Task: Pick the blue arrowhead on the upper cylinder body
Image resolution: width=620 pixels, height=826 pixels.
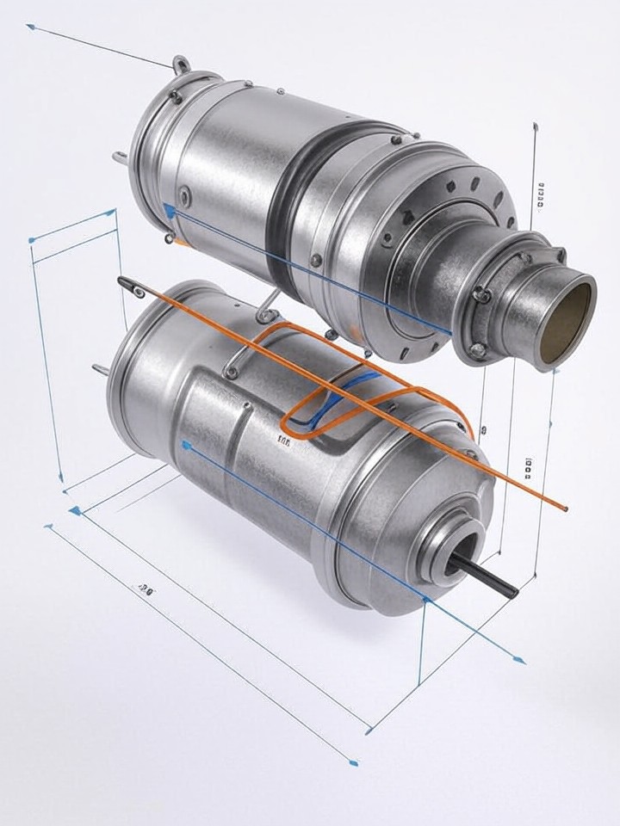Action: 170,211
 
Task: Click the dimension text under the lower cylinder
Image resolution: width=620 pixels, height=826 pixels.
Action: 146,589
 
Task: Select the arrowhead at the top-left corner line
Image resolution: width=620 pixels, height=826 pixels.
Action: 31,27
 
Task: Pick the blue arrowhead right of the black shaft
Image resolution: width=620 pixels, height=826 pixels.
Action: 518,661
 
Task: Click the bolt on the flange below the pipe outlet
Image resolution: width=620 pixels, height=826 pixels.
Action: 477,349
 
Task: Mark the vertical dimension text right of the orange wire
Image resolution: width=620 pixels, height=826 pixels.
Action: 527,467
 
